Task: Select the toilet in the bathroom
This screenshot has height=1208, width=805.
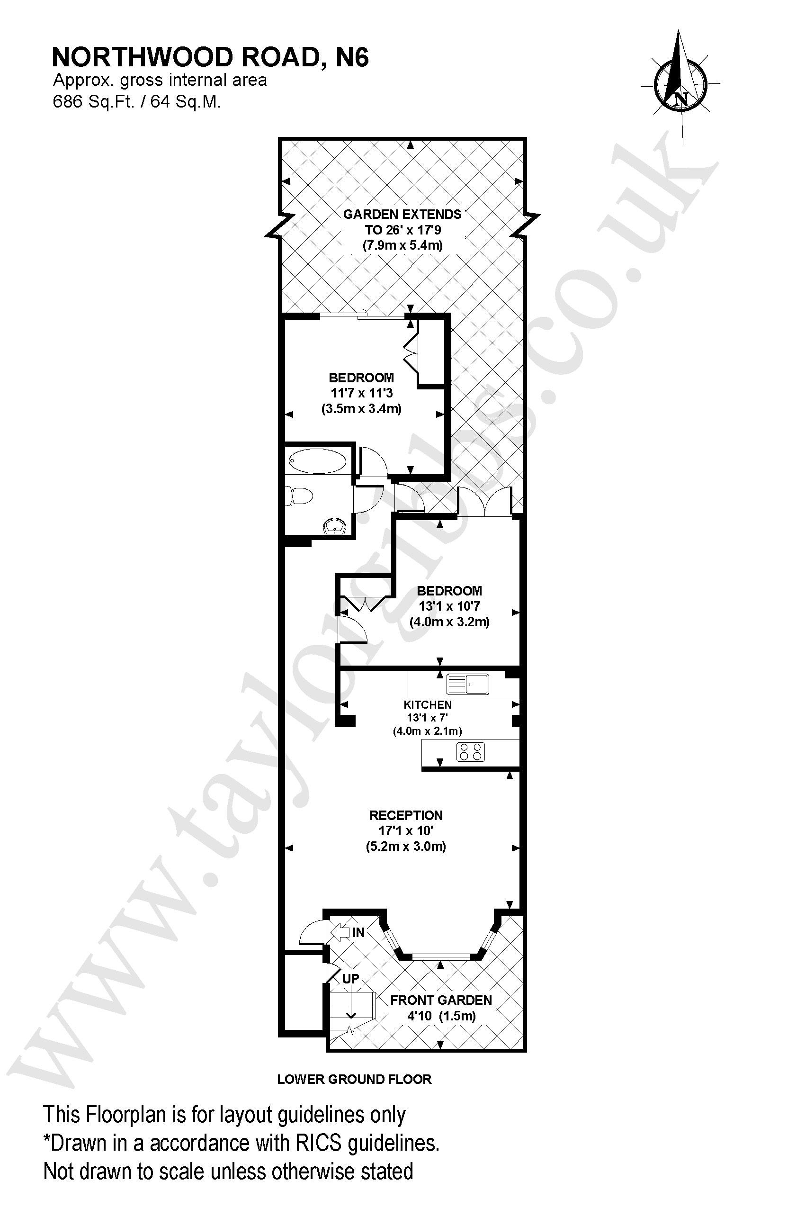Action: pos(299,496)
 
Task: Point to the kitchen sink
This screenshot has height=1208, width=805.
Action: pos(468,684)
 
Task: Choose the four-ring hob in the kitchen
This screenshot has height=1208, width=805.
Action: pos(471,752)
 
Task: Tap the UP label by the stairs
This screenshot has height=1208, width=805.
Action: pos(350,978)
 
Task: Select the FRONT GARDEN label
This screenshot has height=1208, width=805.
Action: pos(441,1000)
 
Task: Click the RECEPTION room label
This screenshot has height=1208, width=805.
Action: pos(406,815)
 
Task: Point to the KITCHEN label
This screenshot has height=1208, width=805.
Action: pos(428,705)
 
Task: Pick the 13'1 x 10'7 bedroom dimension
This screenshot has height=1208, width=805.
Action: pos(449,606)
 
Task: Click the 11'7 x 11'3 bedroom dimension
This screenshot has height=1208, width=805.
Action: pos(361,393)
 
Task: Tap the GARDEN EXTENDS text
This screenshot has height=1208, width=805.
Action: pos(402,214)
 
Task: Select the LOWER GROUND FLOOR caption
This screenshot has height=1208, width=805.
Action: pos(354,1079)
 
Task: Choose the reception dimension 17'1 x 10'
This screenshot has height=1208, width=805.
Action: pos(406,830)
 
